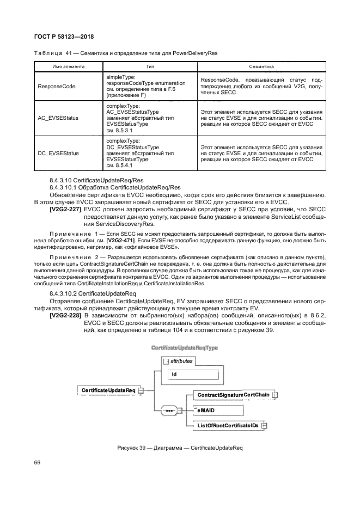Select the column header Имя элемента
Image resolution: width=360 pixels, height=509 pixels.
tap(68, 66)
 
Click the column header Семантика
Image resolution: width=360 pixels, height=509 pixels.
tap(260, 66)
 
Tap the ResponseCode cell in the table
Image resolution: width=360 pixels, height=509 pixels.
tap(57, 86)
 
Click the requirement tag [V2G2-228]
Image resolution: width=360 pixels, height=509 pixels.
tap(65, 315)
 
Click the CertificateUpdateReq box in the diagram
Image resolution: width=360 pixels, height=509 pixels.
tap(108, 390)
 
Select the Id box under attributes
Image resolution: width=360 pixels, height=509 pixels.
tap(194, 375)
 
